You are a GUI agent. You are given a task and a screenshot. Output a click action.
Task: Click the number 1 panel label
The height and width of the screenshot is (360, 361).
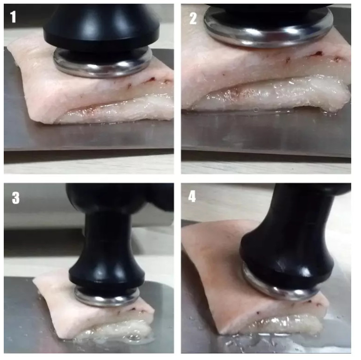13,17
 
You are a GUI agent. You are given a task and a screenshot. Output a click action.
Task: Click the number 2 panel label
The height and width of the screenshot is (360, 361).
193,18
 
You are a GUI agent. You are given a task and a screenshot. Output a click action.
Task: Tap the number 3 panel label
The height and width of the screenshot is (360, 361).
15,198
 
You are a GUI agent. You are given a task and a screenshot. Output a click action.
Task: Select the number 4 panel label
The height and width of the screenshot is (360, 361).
192,197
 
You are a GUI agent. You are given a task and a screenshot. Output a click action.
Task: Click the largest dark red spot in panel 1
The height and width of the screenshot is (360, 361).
152,79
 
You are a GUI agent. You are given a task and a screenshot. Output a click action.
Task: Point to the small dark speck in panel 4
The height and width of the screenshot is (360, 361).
258,313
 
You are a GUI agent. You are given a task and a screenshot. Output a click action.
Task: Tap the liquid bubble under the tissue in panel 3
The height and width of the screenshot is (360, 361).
134,337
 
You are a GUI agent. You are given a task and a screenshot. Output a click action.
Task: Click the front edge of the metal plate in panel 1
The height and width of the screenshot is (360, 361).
89,150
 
